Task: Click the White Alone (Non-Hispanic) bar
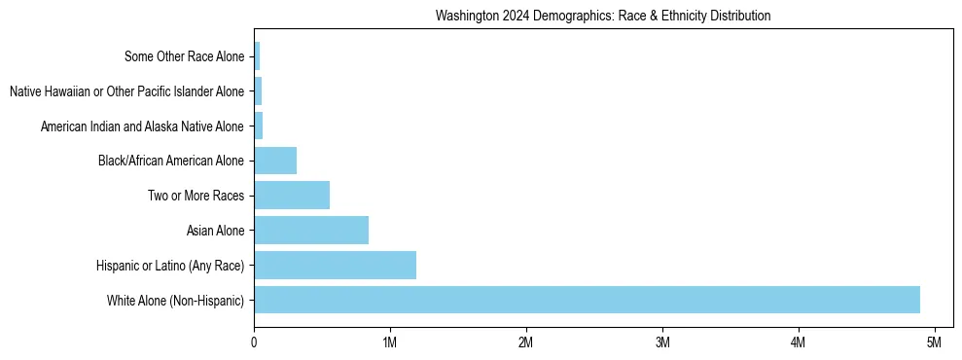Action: [x=587, y=300]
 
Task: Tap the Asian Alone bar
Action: [x=311, y=231]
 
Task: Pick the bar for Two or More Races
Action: [x=292, y=196]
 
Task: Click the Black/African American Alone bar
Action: [x=275, y=161]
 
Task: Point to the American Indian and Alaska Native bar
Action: [x=259, y=126]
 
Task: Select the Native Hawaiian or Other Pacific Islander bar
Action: [x=258, y=91]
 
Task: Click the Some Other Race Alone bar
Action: [x=257, y=56]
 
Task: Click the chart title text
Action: [x=603, y=16]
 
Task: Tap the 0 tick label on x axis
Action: [x=254, y=342]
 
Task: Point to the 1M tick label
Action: [x=390, y=342]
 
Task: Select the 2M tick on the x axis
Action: [x=526, y=342]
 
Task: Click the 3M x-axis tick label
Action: [x=662, y=342]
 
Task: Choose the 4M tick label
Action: [x=799, y=342]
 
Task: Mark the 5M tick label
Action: [x=934, y=342]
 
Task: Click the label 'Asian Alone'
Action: [x=216, y=231]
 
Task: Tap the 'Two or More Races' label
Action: [x=196, y=196]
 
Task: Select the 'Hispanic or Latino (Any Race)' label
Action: [x=170, y=266]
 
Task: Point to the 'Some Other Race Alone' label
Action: [x=185, y=56]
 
